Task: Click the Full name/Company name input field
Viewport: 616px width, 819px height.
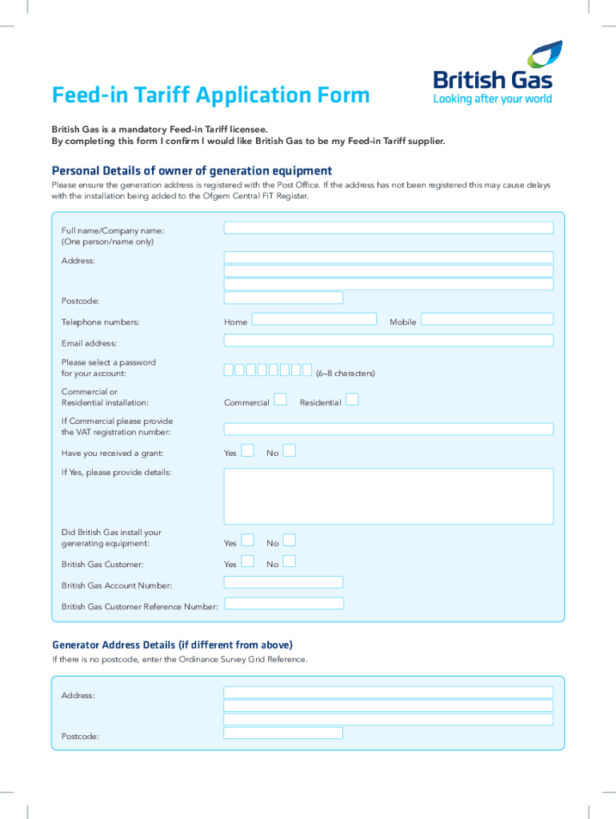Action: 388,228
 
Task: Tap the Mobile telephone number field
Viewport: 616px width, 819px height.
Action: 486,318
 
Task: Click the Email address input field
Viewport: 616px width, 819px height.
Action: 388,341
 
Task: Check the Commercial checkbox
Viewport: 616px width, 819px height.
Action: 280,399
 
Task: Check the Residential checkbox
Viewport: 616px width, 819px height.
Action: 352,399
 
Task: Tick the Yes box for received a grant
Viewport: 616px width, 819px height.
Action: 248,450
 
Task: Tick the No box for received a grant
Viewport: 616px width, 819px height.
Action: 290,450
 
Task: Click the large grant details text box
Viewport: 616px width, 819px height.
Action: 388,496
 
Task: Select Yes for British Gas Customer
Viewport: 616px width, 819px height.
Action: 248,561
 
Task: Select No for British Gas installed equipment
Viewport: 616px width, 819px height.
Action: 290,541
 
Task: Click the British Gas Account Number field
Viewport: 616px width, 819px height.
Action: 283,582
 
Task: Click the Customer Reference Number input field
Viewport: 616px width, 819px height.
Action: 283,603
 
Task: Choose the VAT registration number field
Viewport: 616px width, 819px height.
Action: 388,429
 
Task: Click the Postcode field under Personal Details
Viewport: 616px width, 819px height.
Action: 283,298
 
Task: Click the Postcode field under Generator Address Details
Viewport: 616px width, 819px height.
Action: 283,733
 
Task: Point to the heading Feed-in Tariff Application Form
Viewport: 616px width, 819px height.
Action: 211,96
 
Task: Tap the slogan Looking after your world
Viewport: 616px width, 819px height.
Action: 493,99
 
